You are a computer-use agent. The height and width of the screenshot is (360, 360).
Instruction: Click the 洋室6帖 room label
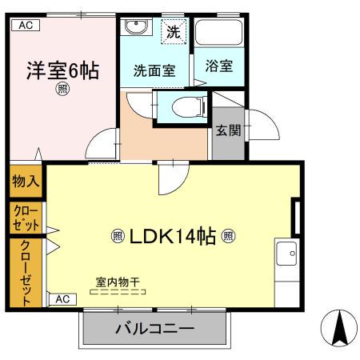click(x=61, y=70)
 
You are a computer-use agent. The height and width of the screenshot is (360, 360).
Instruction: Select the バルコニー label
click(x=154, y=329)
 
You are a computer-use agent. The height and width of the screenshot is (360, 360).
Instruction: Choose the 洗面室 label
click(x=154, y=70)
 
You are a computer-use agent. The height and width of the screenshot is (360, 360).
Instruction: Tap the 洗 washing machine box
click(x=174, y=33)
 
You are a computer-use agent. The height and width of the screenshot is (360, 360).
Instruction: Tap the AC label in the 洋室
click(x=25, y=25)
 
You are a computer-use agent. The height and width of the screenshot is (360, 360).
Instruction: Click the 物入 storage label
click(x=26, y=182)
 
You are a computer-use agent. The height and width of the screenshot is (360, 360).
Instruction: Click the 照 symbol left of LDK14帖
click(x=117, y=236)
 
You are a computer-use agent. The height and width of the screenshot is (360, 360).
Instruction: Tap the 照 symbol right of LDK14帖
click(x=228, y=236)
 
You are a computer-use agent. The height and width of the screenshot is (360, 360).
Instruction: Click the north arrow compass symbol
click(x=338, y=329)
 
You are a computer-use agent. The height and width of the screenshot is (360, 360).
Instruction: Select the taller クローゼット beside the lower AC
click(x=26, y=273)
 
